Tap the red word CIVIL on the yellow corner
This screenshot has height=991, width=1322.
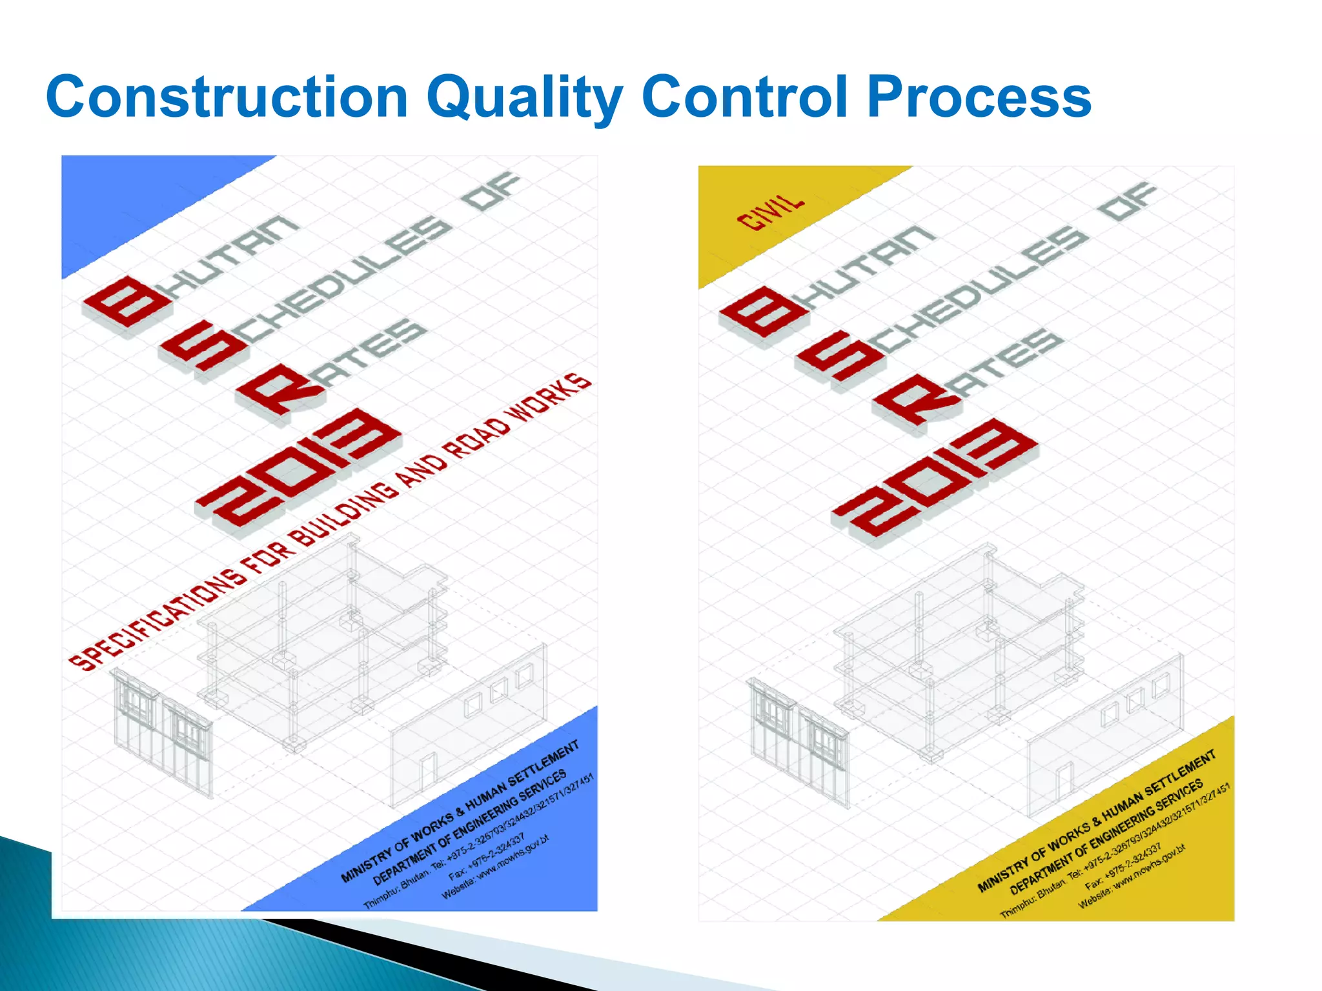coord(771,212)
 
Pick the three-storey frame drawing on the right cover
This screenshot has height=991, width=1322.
coord(955,652)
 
